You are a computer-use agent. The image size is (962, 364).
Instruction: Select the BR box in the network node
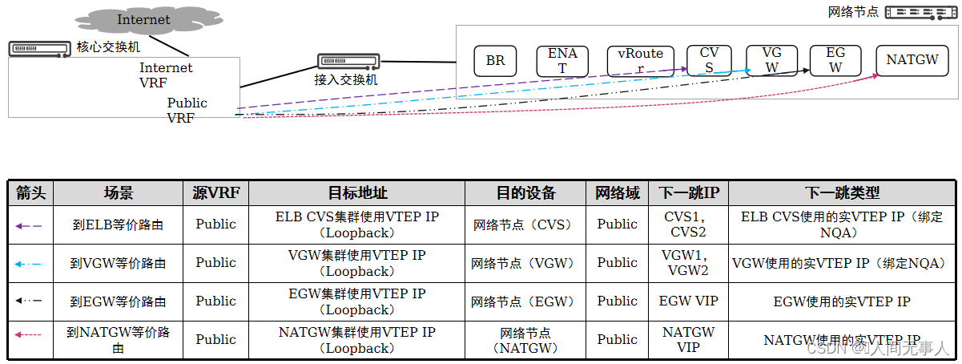[x=495, y=61]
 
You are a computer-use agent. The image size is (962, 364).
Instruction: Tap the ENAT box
[x=562, y=61]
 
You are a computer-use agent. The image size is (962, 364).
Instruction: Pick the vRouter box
[x=635, y=61]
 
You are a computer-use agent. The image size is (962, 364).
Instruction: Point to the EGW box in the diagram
[x=835, y=61]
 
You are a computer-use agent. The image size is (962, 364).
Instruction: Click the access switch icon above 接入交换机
[x=348, y=61]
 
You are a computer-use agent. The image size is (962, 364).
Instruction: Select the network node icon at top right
[x=920, y=13]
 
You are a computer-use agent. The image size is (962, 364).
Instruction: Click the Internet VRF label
[x=166, y=75]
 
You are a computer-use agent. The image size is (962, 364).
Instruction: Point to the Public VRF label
[x=186, y=110]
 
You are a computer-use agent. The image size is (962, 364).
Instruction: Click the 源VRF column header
[x=216, y=193]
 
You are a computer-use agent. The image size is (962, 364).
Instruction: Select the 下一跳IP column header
[x=689, y=193]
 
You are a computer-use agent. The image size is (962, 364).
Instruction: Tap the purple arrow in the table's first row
[x=30, y=225]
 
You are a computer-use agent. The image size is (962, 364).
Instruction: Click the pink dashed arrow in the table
[x=30, y=339]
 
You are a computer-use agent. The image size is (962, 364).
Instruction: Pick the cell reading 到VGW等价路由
[x=118, y=263]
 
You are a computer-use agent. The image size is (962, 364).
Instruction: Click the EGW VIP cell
[x=689, y=301]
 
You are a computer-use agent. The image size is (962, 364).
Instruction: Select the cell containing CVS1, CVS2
[x=689, y=224]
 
